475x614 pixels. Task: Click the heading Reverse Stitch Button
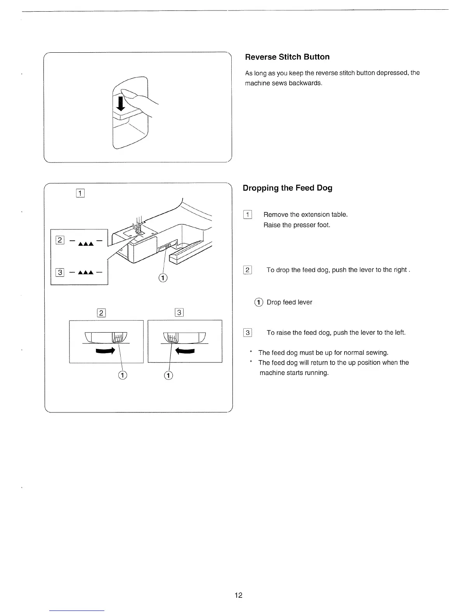point(287,57)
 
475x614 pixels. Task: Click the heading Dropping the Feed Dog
point(287,188)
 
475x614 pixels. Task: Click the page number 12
point(238,595)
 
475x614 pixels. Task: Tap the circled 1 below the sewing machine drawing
point(163,278)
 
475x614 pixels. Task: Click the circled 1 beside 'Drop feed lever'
point(258,302)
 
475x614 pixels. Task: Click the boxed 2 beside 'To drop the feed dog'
point(247,270)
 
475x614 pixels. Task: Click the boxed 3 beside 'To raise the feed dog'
point(247,333)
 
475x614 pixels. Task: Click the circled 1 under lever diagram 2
point(123,375)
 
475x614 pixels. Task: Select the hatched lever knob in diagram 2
point(118,337)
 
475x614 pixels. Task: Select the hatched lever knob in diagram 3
point(170,337)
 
